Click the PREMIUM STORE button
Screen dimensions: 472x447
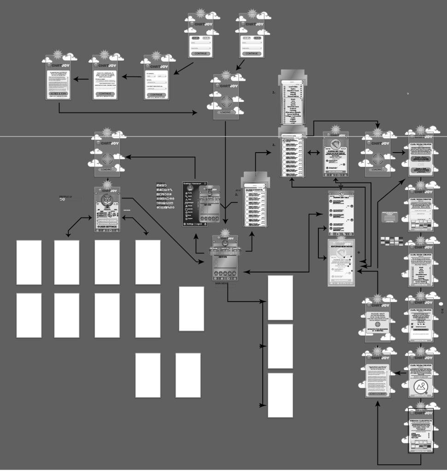tap(107, 221)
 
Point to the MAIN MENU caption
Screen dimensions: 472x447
tap(224, 283)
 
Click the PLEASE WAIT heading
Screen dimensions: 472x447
tap(377, 313)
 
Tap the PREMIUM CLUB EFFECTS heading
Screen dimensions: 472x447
tap(421, 421)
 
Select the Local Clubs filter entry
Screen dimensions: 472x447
tap(293, 86)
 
